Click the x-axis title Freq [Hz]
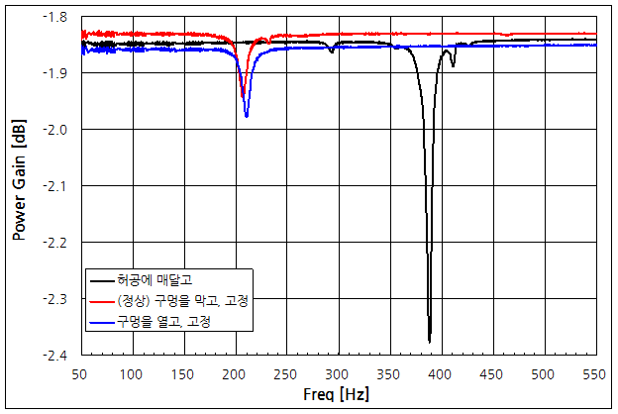338,394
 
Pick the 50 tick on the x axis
81,373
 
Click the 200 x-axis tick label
236,373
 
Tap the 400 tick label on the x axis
442,373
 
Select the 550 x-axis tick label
596,373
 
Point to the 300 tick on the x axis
339,373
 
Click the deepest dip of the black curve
430,342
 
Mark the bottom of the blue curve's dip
247,116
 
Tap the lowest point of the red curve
243,97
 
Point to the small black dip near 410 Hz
453,65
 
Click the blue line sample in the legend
101,321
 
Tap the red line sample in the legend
101,300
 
